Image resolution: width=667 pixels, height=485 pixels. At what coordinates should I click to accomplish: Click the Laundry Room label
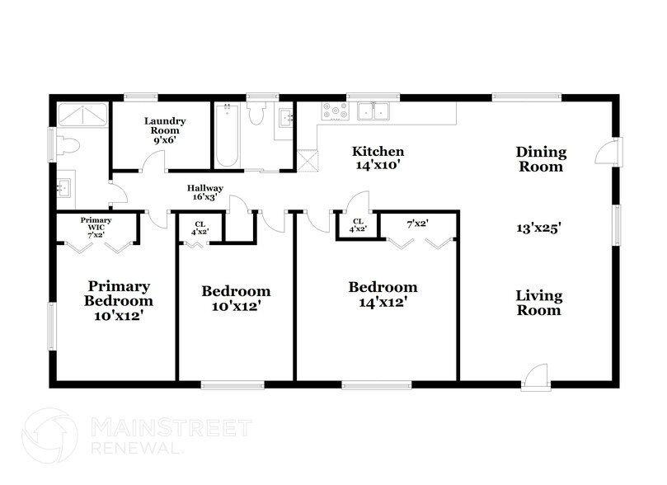tap(165, 130)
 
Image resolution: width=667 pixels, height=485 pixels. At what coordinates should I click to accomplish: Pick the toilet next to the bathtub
tap(256, 113)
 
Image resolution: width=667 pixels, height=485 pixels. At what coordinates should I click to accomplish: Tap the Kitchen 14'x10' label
tap(378, 158)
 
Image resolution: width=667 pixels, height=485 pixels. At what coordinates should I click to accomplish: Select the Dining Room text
tap(541, 158)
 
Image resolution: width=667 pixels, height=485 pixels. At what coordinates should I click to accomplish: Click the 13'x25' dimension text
tap(539, 228)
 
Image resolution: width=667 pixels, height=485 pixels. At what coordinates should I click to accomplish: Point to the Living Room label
tap(539, 303)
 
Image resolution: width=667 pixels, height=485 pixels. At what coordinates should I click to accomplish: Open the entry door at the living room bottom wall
tap(536, 375)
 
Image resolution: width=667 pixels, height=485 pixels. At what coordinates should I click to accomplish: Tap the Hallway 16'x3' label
tap(205, 194)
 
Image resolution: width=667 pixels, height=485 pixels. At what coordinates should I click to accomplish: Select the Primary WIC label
tap(96, 225)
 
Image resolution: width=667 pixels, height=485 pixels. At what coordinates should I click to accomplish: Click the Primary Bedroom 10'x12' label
tap(119, 300)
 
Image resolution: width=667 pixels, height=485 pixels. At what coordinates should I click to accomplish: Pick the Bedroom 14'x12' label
tap(382, 294)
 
